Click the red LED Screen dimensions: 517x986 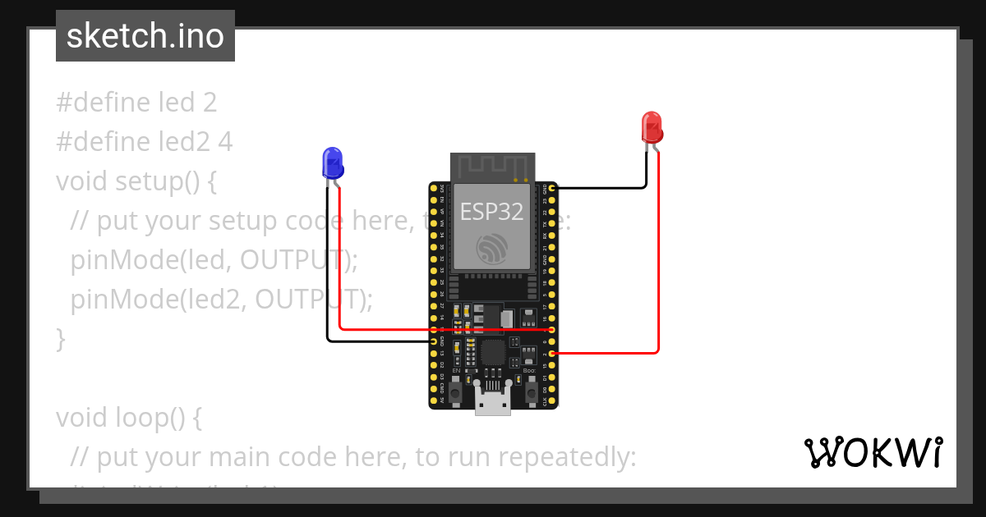coord(652,126)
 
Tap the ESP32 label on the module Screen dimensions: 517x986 coord(491,212)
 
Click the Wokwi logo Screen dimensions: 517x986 coord(873,453)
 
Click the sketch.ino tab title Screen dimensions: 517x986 coord(145,36)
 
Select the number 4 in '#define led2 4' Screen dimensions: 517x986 coord(225,142)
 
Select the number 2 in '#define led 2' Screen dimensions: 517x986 coord(210,103)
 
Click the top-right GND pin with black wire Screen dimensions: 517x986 coord(552,189)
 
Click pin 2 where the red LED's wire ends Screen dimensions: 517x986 coord(552,353)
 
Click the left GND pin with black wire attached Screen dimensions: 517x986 coord(434,341)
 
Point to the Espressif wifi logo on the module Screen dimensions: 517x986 coord(492,248)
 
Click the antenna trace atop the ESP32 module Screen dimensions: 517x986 coord(491,167)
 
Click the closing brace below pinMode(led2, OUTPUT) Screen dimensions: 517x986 coord(60,338)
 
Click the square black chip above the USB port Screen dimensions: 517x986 coord(492,353)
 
